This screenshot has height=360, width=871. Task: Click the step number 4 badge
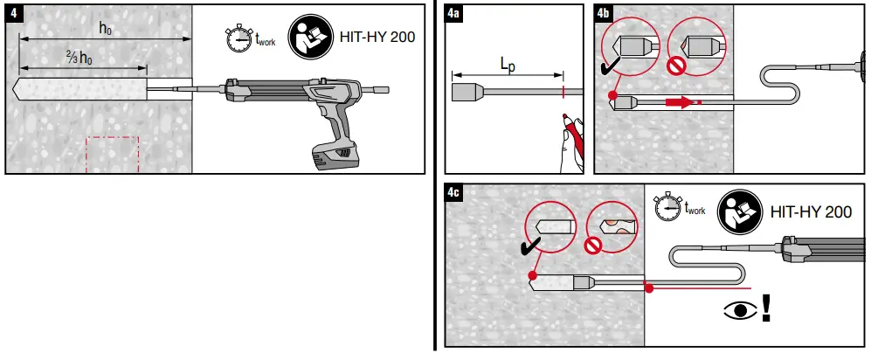[x=13, y=14]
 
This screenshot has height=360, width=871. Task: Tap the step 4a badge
[x=453, y=13]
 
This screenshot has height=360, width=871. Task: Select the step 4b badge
[x=603, y=13]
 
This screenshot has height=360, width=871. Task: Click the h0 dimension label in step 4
[x=105, y=28]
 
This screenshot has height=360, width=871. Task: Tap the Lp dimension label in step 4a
[x=507, y=64]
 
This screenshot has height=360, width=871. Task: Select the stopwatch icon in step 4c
[x=668, y=207]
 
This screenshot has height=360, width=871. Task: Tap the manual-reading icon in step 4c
[x=738, y=212]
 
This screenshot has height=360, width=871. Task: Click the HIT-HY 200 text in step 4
[x=378, y=37]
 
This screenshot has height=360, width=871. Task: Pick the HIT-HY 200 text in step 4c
[x=810, y=212]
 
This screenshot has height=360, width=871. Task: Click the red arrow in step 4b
[x=679, y=102]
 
